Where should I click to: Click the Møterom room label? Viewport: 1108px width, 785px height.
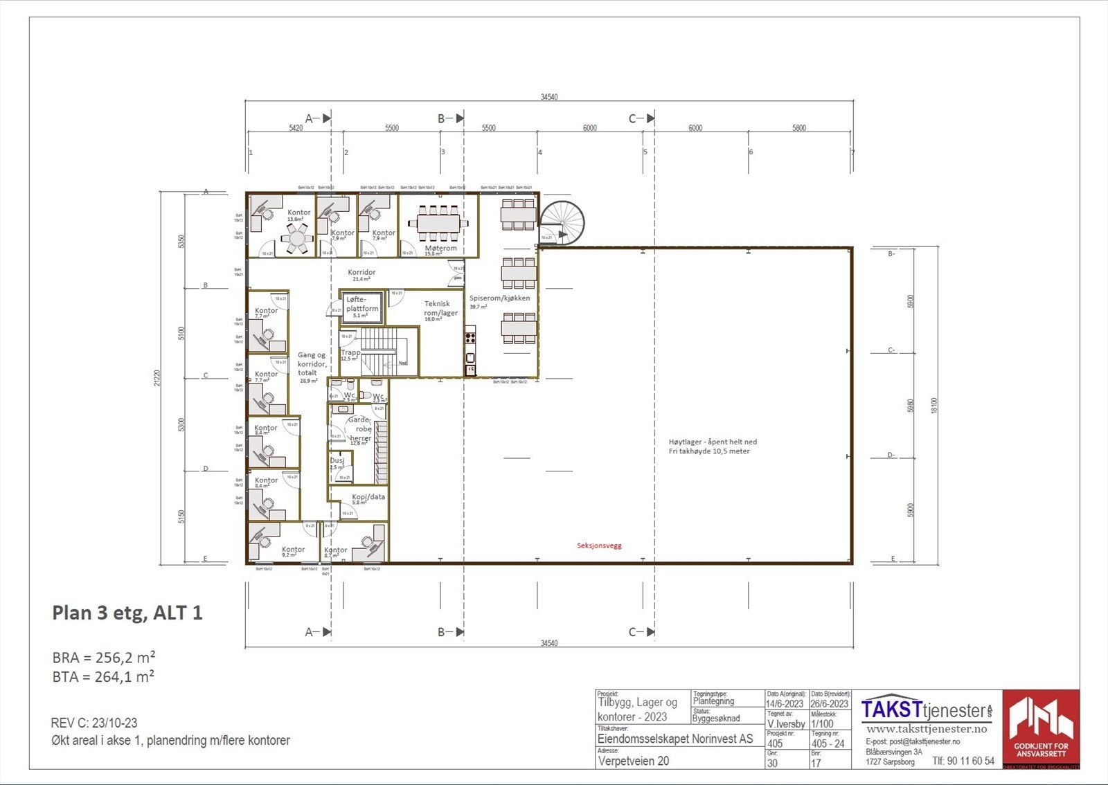440,249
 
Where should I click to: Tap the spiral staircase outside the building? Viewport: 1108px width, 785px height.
562,223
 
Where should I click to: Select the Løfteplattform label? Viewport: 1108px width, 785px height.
362,305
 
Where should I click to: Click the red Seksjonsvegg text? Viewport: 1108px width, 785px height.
599,545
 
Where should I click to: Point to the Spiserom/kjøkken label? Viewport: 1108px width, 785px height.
499,298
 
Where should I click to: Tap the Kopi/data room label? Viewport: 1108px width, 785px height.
368,497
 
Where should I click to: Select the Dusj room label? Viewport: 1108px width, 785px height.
337,460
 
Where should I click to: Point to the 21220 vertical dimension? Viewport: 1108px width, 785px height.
158,378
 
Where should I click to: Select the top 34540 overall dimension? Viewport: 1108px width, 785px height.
548,97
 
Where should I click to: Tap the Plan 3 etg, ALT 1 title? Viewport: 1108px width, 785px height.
127,613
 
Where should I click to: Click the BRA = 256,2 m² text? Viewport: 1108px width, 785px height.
104,657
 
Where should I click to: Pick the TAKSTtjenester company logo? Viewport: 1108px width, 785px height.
927,710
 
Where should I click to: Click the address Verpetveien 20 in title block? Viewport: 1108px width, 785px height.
633,761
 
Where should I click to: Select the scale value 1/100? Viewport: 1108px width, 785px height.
822,724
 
